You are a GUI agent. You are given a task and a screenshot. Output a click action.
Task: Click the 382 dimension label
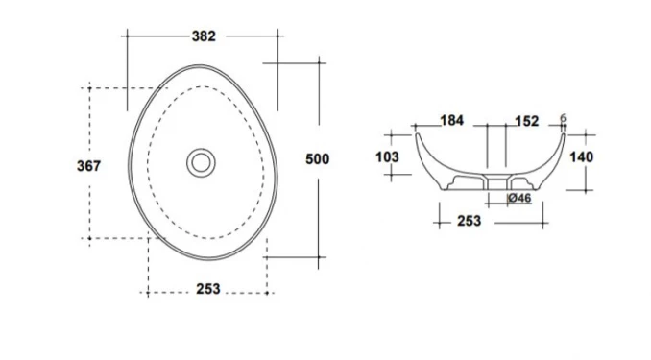204,36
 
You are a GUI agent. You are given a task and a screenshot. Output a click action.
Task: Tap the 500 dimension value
317,159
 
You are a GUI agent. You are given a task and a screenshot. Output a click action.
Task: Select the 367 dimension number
88,166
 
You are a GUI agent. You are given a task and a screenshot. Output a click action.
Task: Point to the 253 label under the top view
208,289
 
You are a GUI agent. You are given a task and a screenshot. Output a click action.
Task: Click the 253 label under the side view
470,221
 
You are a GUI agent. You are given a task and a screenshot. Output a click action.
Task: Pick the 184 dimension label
451,120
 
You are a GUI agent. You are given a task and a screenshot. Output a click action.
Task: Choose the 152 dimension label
527,121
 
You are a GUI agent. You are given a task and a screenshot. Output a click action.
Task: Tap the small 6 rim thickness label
563,118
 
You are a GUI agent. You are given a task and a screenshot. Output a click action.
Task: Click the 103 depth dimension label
387,156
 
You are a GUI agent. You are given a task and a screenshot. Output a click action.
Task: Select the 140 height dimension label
581,156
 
